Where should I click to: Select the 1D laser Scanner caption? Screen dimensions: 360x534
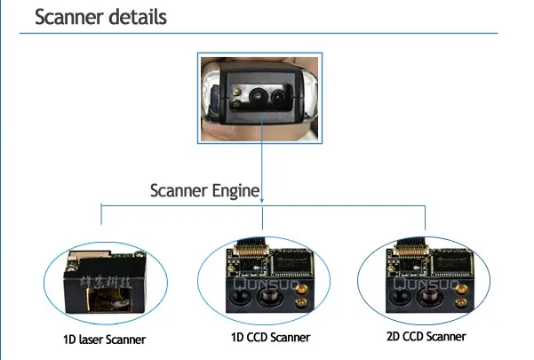click(105, 339)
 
